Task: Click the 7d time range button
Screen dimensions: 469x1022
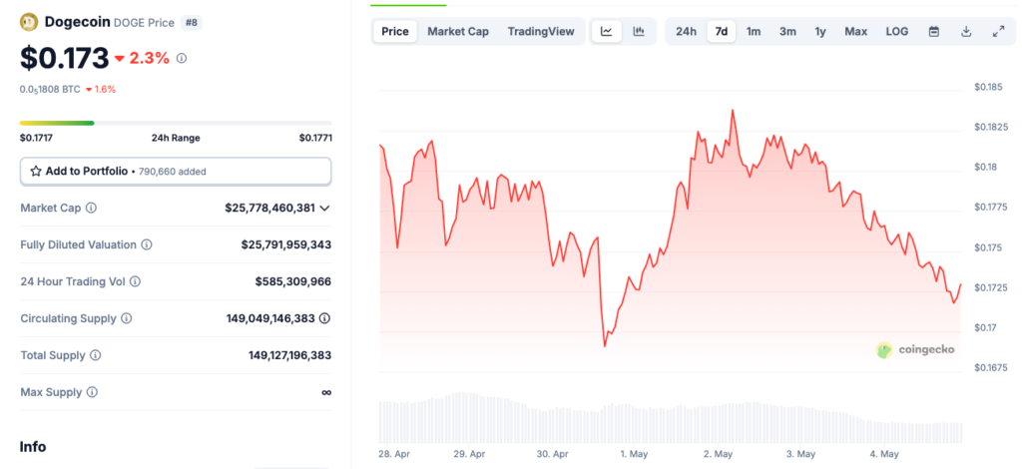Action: (721, 31)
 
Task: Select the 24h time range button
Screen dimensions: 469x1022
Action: (686, 31)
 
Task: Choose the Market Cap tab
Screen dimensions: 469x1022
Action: (458, 31)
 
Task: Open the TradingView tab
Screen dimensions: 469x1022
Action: (541, 31)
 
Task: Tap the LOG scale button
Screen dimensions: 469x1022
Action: (896, 31)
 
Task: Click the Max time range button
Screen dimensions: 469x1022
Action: (855, 31)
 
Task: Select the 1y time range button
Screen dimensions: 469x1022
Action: (820, 31)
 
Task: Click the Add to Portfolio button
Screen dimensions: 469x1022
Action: (176, 171)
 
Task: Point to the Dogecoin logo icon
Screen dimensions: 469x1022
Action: (29, 21)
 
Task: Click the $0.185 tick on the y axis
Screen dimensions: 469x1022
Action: (988, 88)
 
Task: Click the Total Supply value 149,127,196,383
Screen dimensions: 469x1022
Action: (289, 355)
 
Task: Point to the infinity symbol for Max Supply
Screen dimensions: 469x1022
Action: (325, 392)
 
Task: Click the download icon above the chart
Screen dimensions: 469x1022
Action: (966, 31)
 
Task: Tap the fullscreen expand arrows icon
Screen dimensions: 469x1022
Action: (998, 31)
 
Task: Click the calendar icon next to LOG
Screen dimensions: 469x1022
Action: (934, 31)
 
